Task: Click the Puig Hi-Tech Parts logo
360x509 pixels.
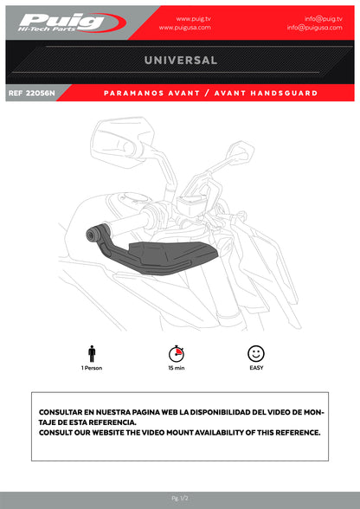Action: coord(61,21)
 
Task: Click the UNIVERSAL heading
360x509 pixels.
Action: coord(180,61)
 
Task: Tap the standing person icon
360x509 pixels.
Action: coord(92,354)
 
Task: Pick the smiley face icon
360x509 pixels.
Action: coord(255,353)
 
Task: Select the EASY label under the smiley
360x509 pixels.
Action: coord(255,368)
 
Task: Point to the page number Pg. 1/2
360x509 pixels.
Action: coord(180,499)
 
